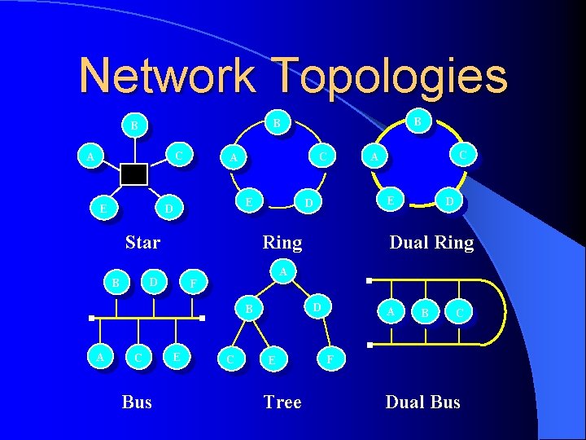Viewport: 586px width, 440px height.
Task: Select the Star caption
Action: tap(142, 242)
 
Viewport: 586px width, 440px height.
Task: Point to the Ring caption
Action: tap(282, 242)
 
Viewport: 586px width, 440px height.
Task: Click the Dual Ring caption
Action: tap(431, 242)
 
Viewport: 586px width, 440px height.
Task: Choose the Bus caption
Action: tap(137, 402)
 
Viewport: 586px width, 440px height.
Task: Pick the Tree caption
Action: tap(282, 402)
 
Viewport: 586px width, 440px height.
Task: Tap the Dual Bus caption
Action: tap(422, 402)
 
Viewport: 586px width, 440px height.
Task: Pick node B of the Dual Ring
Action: tap(418, 121)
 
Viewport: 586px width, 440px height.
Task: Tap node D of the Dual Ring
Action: tap(448, 200)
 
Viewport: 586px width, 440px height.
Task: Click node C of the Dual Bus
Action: tap(460, 312)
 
